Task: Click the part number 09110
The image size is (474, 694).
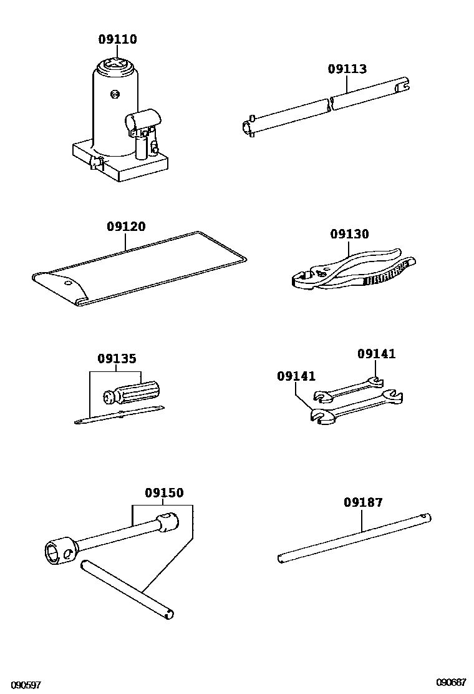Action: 117,39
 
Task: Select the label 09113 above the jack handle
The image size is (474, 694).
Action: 347,69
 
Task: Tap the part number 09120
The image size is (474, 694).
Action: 126,227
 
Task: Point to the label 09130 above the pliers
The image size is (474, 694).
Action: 349,234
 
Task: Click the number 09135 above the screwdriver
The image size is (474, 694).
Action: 117,359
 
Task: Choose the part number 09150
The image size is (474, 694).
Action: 164,493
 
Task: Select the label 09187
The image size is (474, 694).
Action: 363,502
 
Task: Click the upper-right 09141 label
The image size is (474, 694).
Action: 376,354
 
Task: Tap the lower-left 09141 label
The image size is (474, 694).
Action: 296,376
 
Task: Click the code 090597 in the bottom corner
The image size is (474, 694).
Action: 26,685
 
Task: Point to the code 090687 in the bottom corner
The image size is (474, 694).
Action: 451,682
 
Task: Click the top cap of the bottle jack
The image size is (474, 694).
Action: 117,64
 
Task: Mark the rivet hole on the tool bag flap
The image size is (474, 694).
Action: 67,281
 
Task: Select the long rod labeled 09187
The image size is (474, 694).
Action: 354,537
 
